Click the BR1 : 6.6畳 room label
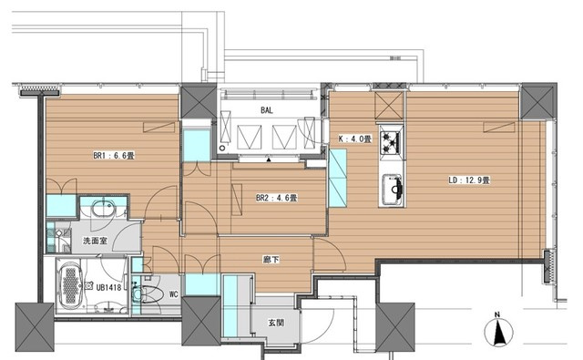pyautogui.click(x=114, y=156)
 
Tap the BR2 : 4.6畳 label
pyautogui.click(x=277, y=198)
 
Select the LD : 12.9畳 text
pyautogui.click(x=469, y=180)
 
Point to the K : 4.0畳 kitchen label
pyautogui.click(x=354, y=139)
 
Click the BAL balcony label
pyautogui.click(x=267, y=110)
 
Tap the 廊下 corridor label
pyautogui.click(x=271, y=260)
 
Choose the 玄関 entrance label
pyautogui.click(x=276, y=323)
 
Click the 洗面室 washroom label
pyautogui.click(x=95, y=241)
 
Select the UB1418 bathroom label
pyautogui.click(x=108, y=287)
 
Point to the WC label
pyautogui.click(x=174, y=294)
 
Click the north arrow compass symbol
pyautogui.click(x=498, y=330)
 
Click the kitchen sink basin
pyautogui.click(x=393, y=189)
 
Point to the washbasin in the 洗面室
pyautogui.click(x=104, y=209)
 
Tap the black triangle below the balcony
pyautogui.click(x=269, y=159)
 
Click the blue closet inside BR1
pyautogui.click(x=61, y=206)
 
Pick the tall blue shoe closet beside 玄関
pyautogui.click(x=230, y=305)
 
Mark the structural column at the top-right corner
pyautogui.click(x=538, y=101)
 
